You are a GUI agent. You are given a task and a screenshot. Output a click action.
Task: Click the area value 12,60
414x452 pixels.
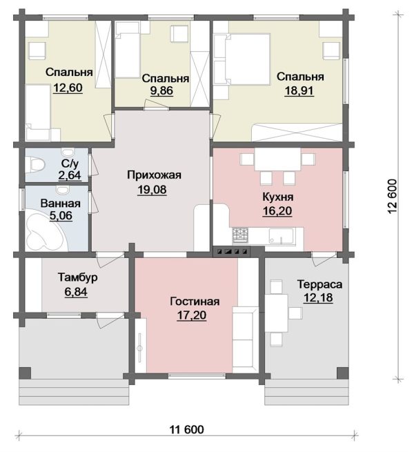68,88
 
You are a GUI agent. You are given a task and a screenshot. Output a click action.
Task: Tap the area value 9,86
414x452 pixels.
161,90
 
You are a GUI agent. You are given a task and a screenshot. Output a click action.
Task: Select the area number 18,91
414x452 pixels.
299,90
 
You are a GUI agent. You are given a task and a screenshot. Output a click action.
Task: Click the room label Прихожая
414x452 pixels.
154,175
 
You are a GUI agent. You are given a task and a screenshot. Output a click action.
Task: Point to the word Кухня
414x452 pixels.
277,197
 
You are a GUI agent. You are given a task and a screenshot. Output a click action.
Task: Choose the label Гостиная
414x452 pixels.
195,302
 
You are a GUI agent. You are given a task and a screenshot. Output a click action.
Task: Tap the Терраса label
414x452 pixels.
319,284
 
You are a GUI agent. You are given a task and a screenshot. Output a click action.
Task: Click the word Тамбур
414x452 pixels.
78,277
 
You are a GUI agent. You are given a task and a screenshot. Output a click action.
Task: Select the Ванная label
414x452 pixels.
60,203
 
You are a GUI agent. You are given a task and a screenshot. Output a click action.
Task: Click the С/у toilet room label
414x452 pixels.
70,164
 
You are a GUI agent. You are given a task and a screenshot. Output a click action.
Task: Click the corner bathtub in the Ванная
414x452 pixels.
46,233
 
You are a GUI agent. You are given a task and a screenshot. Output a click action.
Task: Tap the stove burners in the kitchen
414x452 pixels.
240,235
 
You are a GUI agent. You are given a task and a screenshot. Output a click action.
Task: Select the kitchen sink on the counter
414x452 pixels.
281,235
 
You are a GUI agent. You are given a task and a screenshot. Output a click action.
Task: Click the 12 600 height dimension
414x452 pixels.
393,196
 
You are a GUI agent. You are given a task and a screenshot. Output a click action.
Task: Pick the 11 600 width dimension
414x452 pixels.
186,429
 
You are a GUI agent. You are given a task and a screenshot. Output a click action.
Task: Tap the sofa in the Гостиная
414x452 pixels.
245,340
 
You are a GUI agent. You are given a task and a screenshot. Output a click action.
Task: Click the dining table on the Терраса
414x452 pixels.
277,313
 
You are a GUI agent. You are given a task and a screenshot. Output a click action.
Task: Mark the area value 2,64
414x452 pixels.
70,175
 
